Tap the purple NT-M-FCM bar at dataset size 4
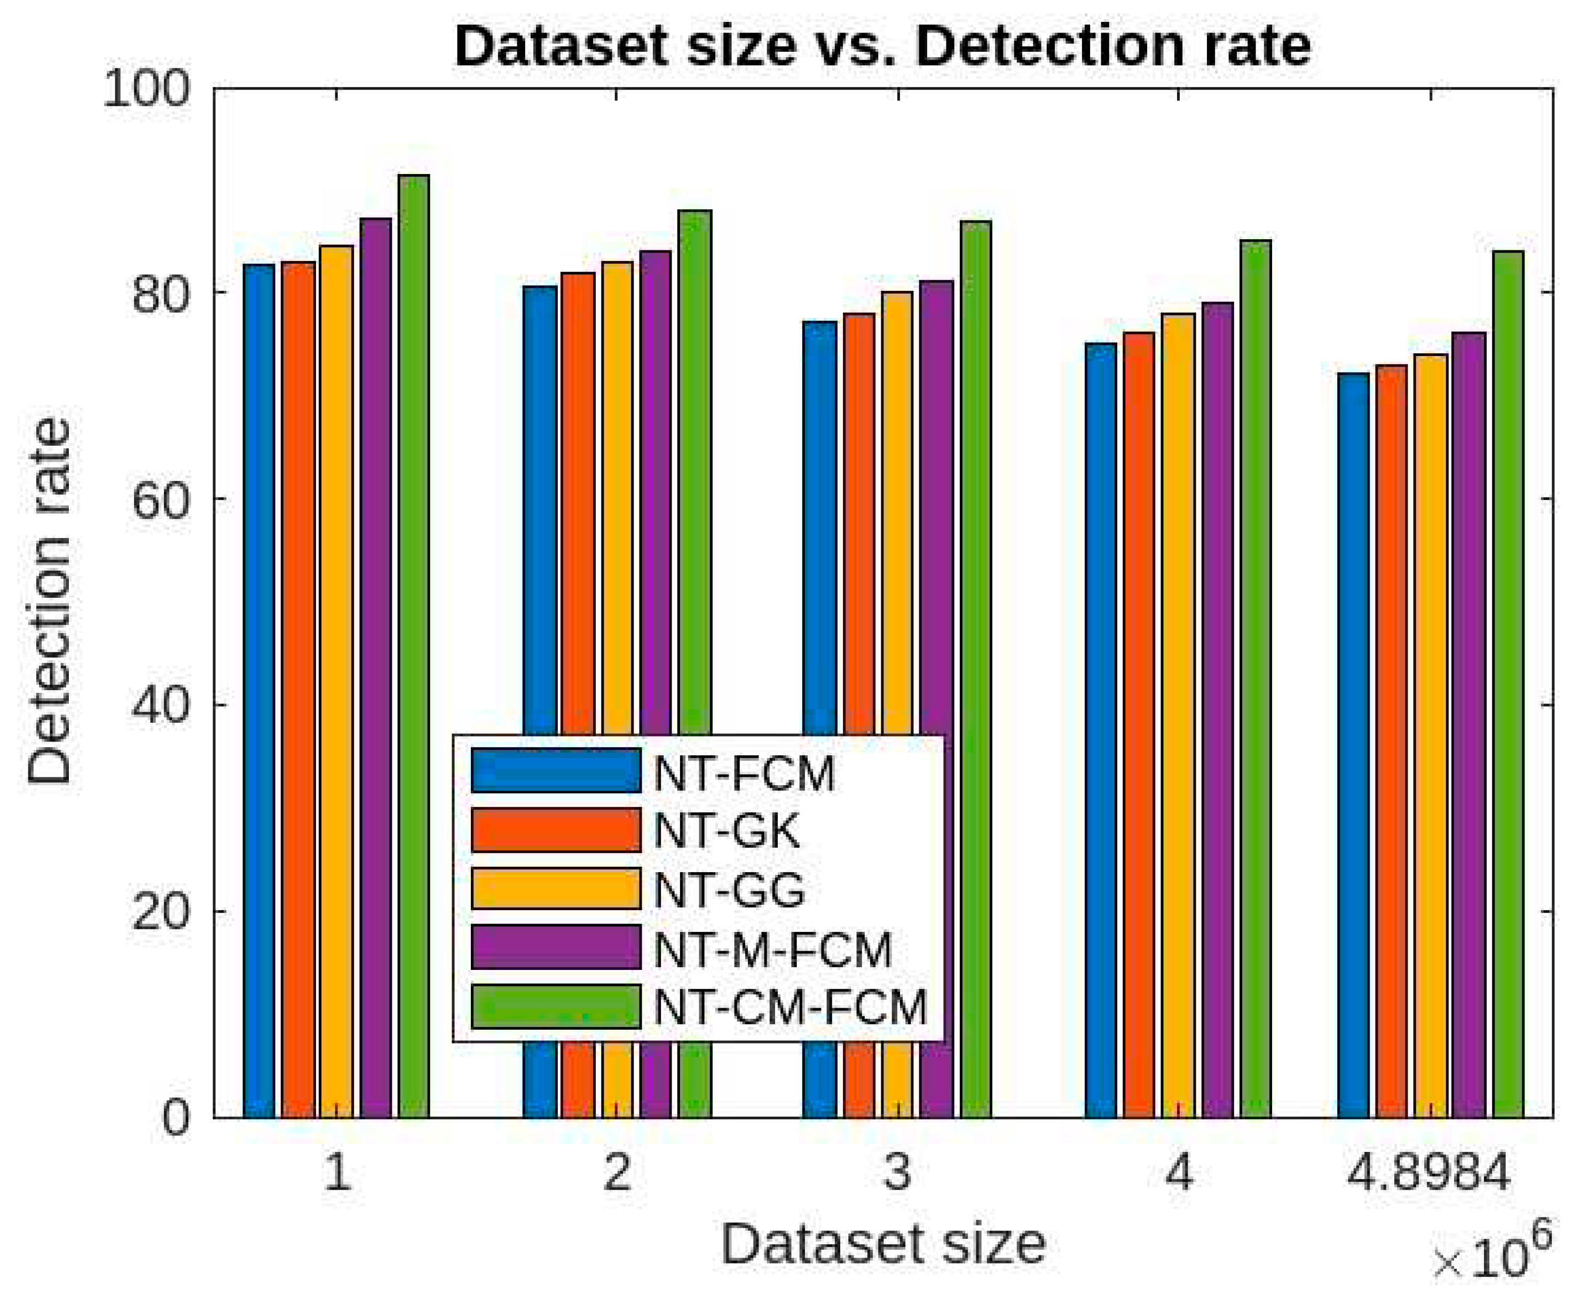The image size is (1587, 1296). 1217,709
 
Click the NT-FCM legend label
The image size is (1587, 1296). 744,774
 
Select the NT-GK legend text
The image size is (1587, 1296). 727,831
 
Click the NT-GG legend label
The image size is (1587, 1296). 729,890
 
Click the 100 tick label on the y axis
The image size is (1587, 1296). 146,90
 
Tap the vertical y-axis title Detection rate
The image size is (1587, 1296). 49,601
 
